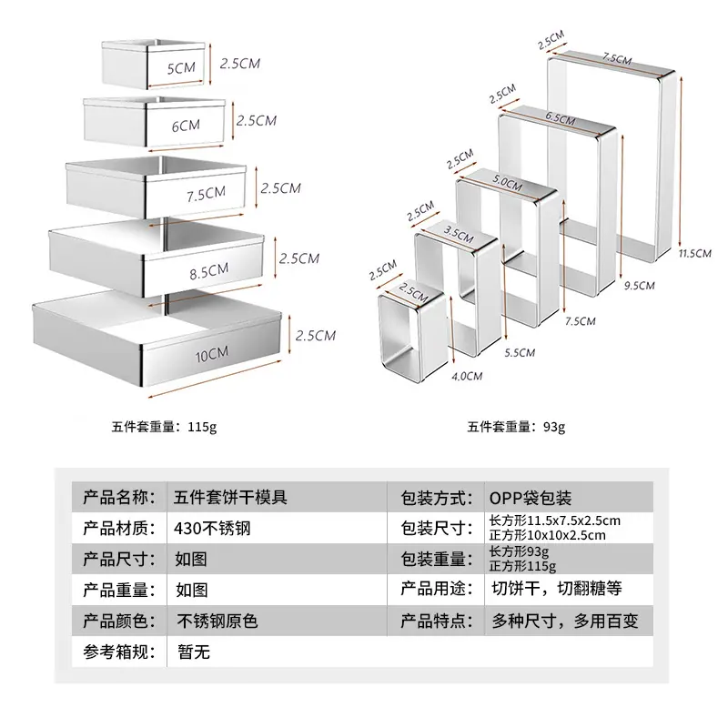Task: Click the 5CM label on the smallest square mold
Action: pyautogui.click(x=181, y=68)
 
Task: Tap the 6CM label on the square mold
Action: pyautogui.click(x=186, y=126)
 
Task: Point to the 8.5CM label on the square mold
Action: pyautogui.click(x=209, y=271)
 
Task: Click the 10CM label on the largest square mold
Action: pyautogui.click(x=212, y=355)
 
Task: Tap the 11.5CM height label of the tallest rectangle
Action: pyautogui.click(x=694, y=254)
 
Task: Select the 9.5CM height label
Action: pyautogui.click(x=640, y=286)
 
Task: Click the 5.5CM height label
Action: pyautogui.click(x=520, y=353)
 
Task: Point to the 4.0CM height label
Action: pyautogui.click(x=467, y=376)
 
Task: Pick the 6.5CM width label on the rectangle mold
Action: pyautogui.click(x=561, y=118)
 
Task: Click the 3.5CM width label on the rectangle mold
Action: pyautogui.click(x=459, y=235)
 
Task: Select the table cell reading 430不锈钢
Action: pyautogui.click(x=212, y=529)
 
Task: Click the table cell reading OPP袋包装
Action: pyautogui.click(x=531, y=498)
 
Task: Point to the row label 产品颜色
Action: pyautogui.click(x=119, y=621)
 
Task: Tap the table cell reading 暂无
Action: pyautogui.click(x=194, y=652)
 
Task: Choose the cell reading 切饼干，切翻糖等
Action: pyautogui.click(x=557, y=589)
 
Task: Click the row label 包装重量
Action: pyautogui.click(x=437, y=559)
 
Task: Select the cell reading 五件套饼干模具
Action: pyautogui.click(x=231, y=498)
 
